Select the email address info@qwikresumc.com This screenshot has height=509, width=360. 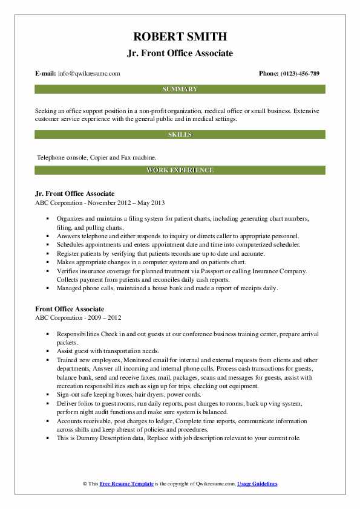[89, 74]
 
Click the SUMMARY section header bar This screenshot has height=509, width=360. [180, 89]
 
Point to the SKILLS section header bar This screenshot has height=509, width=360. [180, 134]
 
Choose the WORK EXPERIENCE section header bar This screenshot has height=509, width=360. [180, 170]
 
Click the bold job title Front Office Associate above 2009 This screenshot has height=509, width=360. [70, 310]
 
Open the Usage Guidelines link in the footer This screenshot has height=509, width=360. [257, 484]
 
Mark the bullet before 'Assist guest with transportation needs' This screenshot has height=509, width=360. [47, 350]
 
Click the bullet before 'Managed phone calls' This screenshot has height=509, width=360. [47, 288]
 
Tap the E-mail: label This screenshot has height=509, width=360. [46, 74]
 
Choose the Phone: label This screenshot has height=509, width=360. [268, 74]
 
